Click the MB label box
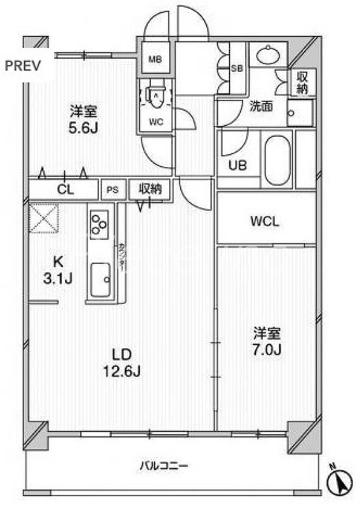coord(155,60)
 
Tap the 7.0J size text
coord(267,349)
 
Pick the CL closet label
coord(65,189)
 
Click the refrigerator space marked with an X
coord(44,217)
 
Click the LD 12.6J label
coord(121,362)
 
